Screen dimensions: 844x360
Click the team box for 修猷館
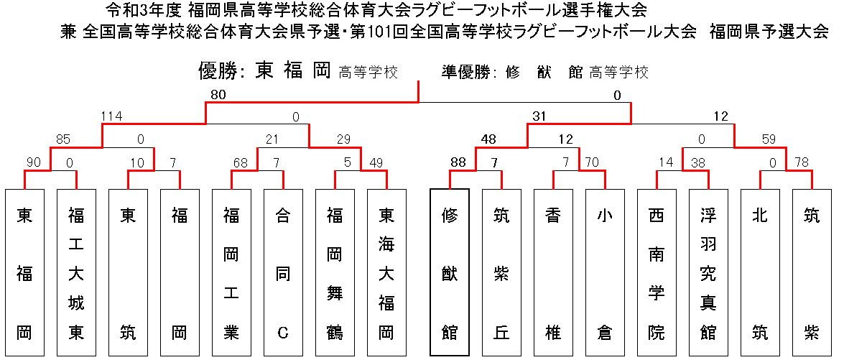pos(450,272)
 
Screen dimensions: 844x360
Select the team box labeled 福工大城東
pos(76,272)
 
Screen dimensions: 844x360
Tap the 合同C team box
pos(283,272)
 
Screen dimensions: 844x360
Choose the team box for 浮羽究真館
pos(708,272)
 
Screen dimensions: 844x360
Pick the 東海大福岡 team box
pos(386,272)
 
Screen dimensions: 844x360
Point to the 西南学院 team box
pos(657,272)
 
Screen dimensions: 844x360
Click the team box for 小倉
pos(605,272)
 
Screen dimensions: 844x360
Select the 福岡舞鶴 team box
pos(335,272)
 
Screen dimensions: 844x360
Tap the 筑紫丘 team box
pos(501,272)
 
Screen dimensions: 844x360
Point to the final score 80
pos(218,96)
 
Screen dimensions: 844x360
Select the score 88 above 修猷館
pos(458,162)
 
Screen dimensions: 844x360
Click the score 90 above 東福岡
pos(33,162)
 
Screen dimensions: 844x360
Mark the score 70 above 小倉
pos(593,162)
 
